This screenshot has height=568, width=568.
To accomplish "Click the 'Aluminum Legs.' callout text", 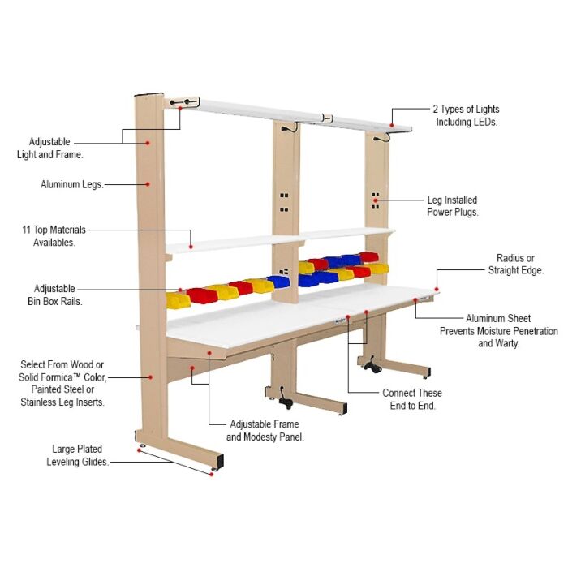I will (x=71, y=185).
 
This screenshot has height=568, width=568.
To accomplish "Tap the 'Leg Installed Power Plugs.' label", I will (x=452, y=206).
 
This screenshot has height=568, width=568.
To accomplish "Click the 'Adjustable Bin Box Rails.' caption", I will (x=54, y=295).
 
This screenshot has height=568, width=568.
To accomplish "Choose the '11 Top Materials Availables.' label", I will (x=54, y=236).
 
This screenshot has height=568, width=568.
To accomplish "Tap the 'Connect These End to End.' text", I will (x=412, y=398).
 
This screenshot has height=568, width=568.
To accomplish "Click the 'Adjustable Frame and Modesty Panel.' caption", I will (x=262, y=431).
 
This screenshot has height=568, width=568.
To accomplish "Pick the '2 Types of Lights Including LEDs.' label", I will (x=467, y=115).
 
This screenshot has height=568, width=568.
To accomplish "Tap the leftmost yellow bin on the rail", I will (x=178, y=300).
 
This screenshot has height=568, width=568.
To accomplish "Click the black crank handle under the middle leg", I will (x=286, y=402).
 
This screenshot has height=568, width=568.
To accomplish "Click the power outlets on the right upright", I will (x=376, y=202).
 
